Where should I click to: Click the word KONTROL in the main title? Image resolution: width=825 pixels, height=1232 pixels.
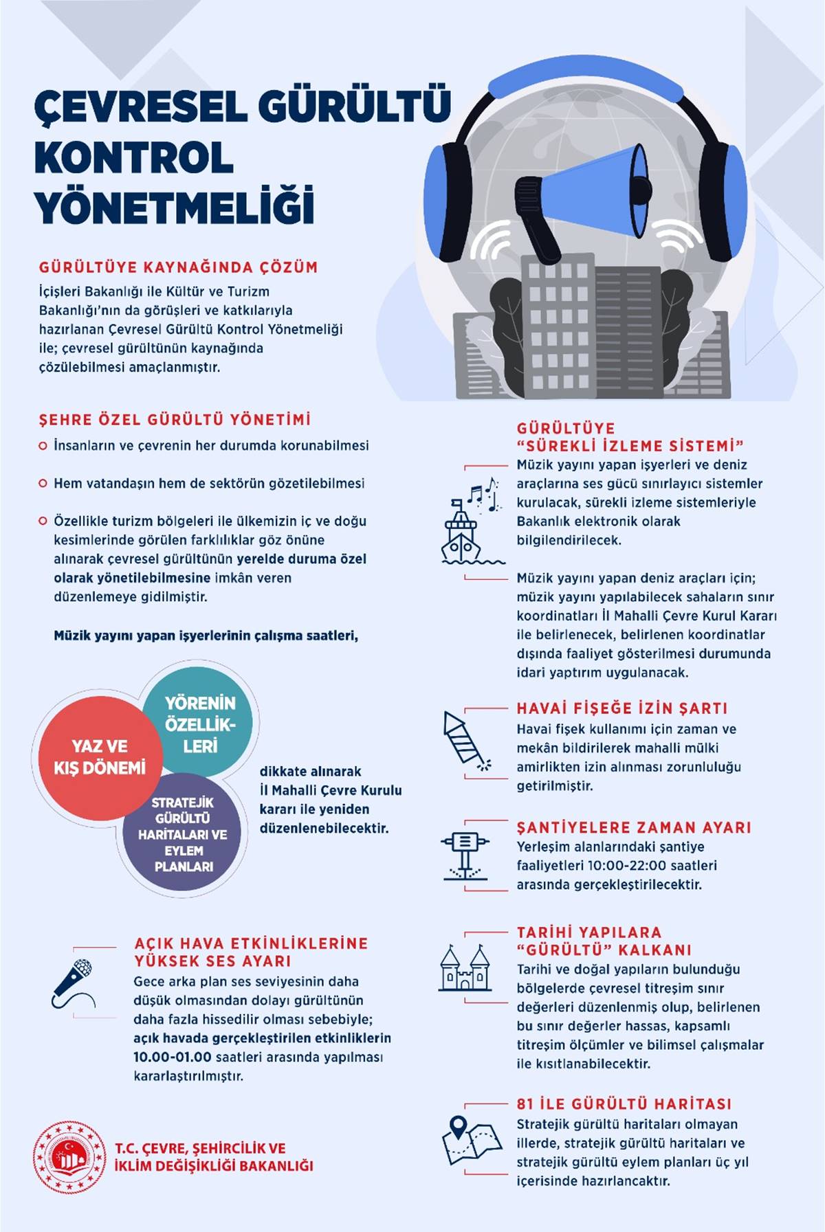tap(134, 157)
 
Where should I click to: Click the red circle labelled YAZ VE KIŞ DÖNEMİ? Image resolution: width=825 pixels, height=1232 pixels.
tap(100, 757)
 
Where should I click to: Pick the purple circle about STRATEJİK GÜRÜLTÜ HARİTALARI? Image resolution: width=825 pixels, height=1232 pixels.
tap(183, 834)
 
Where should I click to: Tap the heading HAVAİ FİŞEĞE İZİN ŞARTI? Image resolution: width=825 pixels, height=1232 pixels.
tap(621, 708)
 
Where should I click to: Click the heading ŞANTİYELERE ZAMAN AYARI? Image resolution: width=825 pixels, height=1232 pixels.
tap(633, 827)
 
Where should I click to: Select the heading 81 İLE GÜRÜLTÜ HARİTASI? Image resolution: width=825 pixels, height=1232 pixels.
tap(624, 1104)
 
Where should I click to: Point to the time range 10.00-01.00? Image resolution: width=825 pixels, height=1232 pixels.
tap(172, 1057)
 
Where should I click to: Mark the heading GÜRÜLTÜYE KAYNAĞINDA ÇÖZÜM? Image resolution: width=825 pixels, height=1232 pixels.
tap(178, 267)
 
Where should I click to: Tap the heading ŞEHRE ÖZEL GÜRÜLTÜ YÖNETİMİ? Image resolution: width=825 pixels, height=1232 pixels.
tap(175, 419)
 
